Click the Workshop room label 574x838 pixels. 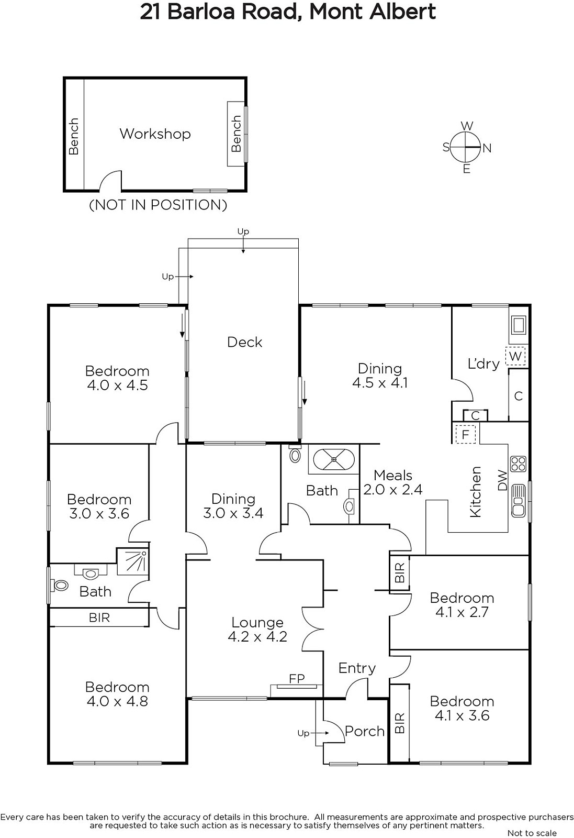pos(155,134)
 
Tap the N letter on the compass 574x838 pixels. pos(487,149)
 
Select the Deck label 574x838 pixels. pos(245,342)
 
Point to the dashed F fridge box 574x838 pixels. pos(465,434)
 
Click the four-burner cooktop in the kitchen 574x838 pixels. pos(519,464)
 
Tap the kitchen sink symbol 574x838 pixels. pos(519,501)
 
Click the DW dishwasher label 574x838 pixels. pos(503,480)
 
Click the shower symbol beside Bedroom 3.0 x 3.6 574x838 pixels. pos(133,561)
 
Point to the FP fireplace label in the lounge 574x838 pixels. pos(297,678)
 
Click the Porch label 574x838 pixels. pos(365,731)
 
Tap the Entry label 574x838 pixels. pos(357,668)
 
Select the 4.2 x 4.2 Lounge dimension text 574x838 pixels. pos(257,637)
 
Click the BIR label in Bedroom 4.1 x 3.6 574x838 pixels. pos(399,723)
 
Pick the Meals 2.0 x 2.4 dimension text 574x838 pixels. pos(393,489)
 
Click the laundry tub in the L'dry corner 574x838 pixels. pos(519,325)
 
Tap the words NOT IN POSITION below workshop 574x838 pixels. pos(158,205)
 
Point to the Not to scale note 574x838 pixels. pos(532,833)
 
